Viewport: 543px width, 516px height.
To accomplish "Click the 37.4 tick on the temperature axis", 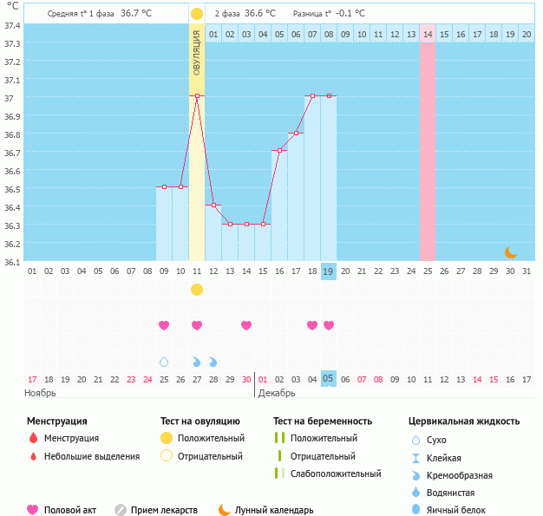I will [x=12, y=25].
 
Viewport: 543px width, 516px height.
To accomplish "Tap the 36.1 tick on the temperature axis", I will [x=12, y=261].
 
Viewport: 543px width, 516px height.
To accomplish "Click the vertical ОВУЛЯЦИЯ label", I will [x=197, y=53].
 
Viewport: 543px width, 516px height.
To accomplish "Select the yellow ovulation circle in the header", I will [x=197, y=14].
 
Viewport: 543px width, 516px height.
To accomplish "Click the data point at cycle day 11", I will [x=197, y=95].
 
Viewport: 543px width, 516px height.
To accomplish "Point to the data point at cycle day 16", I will [x=279, y=150].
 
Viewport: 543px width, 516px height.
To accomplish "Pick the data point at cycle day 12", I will [x=213, y=205].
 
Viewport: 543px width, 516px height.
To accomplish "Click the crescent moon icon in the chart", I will [x=511, y=251].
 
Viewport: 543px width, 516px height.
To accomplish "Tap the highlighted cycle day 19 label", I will [x=329, y=271].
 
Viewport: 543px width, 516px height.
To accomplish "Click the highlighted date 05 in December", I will [x=329, y=379].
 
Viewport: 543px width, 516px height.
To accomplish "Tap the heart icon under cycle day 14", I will [x=246, y=325].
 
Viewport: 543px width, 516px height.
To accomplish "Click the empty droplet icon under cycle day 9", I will [x=164, y=361].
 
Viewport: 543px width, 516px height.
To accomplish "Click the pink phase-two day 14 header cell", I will [x=428, y=34].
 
